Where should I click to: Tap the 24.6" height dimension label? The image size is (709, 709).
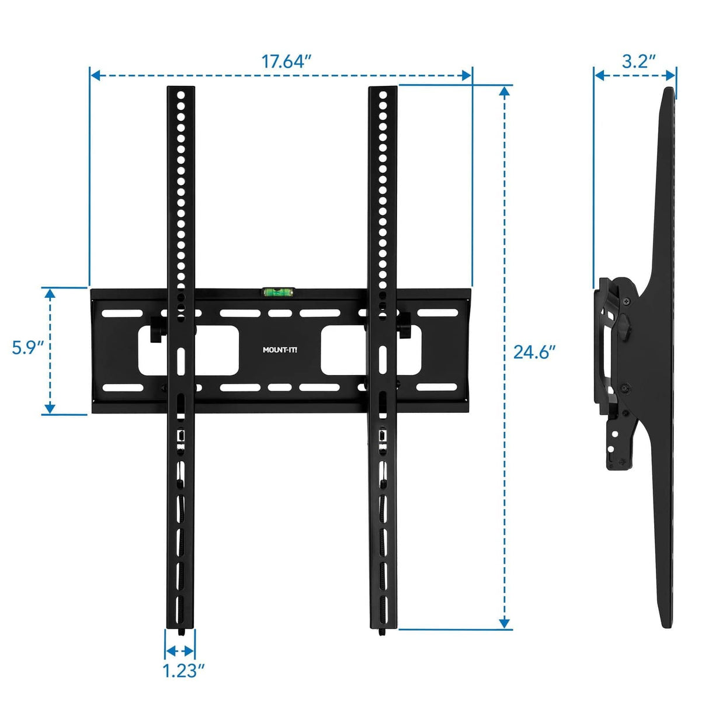534,352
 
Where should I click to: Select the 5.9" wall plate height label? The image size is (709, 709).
28,348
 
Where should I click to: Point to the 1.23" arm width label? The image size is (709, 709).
183,670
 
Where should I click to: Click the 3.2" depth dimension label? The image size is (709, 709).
638,61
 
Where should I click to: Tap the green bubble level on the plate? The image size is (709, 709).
279,290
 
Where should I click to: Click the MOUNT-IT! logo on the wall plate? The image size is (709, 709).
280,350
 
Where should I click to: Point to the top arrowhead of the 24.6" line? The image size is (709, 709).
505,91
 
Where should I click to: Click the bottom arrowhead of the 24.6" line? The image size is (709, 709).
505,624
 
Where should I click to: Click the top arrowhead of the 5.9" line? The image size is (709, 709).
50,292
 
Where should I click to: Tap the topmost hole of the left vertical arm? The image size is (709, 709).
181,95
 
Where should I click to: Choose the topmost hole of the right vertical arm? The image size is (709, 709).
383,95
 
